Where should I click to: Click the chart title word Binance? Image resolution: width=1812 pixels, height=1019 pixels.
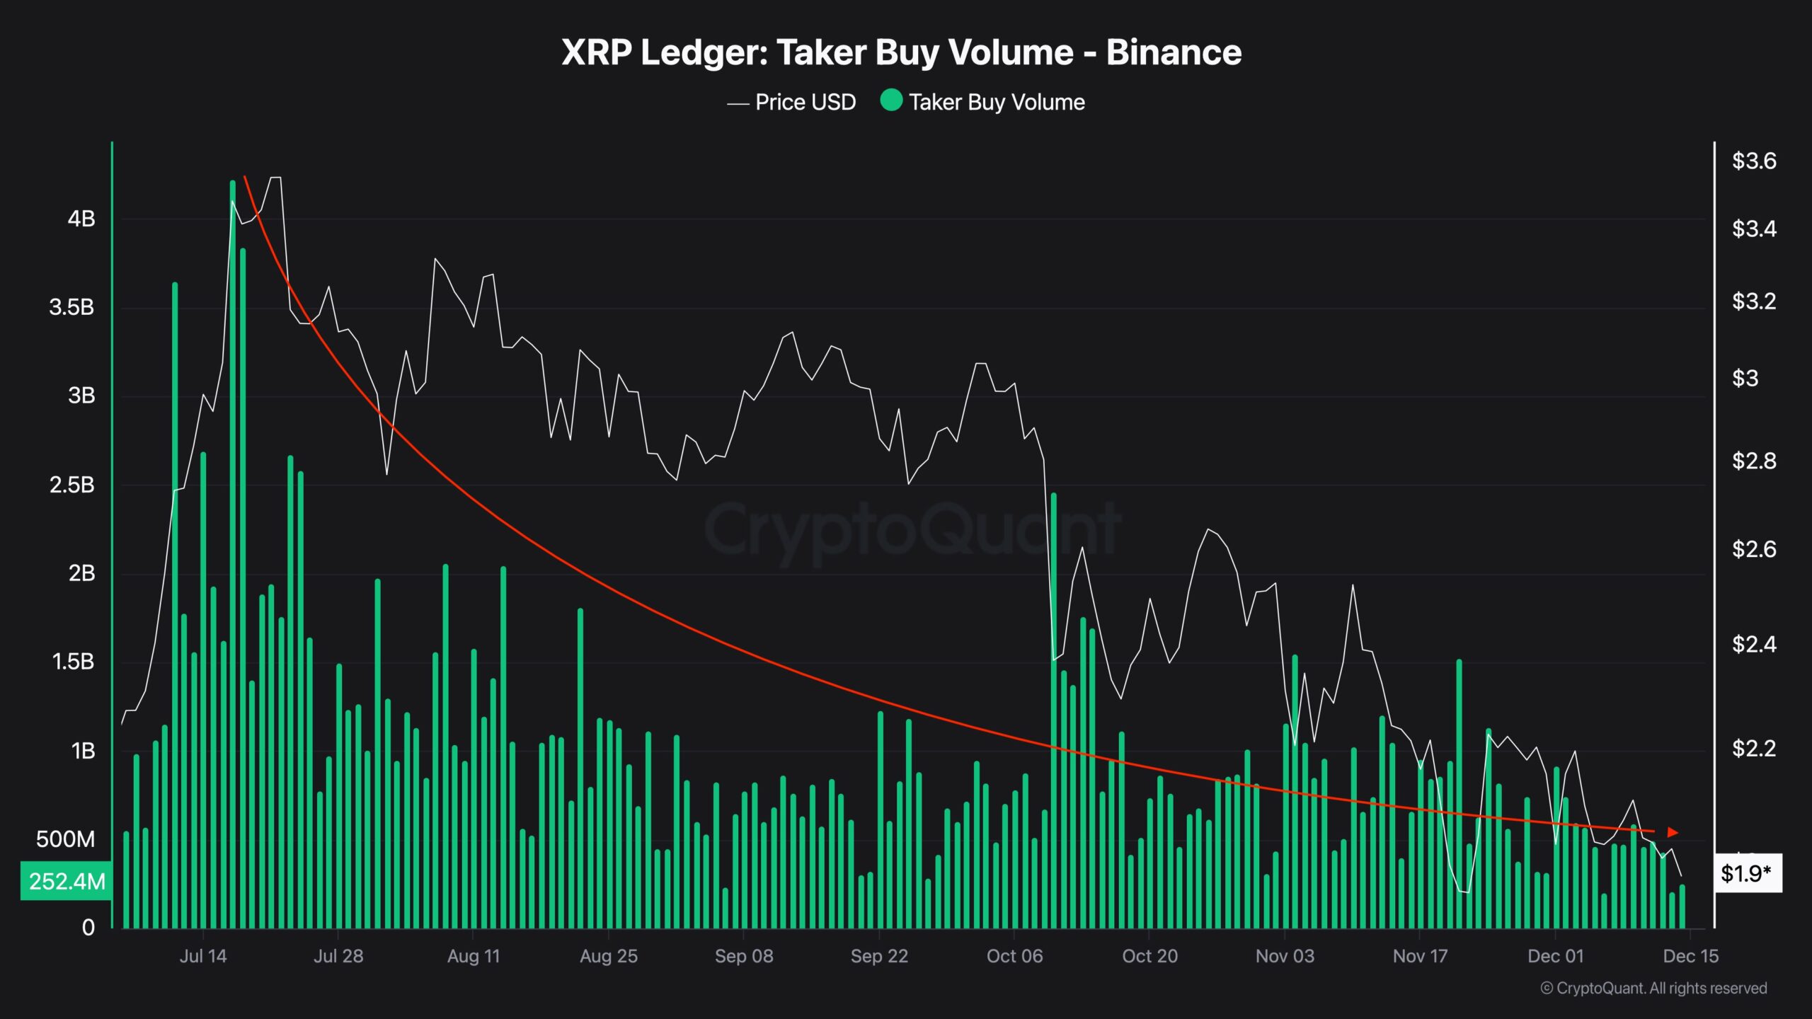[x=1173, y=52]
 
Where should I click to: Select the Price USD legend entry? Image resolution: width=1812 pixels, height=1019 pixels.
[x=793, y=103]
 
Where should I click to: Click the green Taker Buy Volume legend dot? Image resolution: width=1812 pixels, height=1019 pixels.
[x=891, y=100]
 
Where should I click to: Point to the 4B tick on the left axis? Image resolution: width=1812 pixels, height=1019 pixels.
[x=81, y=219]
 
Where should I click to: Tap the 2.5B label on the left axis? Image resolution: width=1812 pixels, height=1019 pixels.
[x=72, y=485]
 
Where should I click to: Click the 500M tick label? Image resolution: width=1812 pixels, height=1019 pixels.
[x=65, y=839]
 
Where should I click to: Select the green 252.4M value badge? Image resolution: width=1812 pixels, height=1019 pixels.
[x=67, y=881]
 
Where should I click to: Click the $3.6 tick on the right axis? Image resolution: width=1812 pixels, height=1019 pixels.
[x=1753, y=161]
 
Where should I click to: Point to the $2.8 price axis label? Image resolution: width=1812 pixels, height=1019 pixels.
[x=1753, y=461]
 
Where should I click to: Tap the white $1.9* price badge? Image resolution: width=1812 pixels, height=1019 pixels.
[x=1745, y=873]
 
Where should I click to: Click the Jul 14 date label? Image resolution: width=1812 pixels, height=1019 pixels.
[x=203, y=956]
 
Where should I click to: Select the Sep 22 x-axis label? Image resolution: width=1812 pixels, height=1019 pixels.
[x=878, y=956]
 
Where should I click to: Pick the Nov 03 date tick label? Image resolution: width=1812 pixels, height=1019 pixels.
[x=1284, y=956]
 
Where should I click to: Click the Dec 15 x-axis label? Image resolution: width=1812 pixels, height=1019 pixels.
[x=1690, y=956]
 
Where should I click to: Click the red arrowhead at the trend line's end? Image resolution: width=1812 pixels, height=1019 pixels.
[x=1673, y=832]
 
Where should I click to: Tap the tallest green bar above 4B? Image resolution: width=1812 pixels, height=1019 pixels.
[x=232, y=552]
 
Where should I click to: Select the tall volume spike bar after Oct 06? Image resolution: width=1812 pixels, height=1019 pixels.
[x=1053, y=708]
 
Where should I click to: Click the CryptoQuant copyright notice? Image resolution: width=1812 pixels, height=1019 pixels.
[x=1653, y=988]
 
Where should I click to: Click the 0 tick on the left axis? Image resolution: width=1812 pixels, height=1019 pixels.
[x=88, y=927]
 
